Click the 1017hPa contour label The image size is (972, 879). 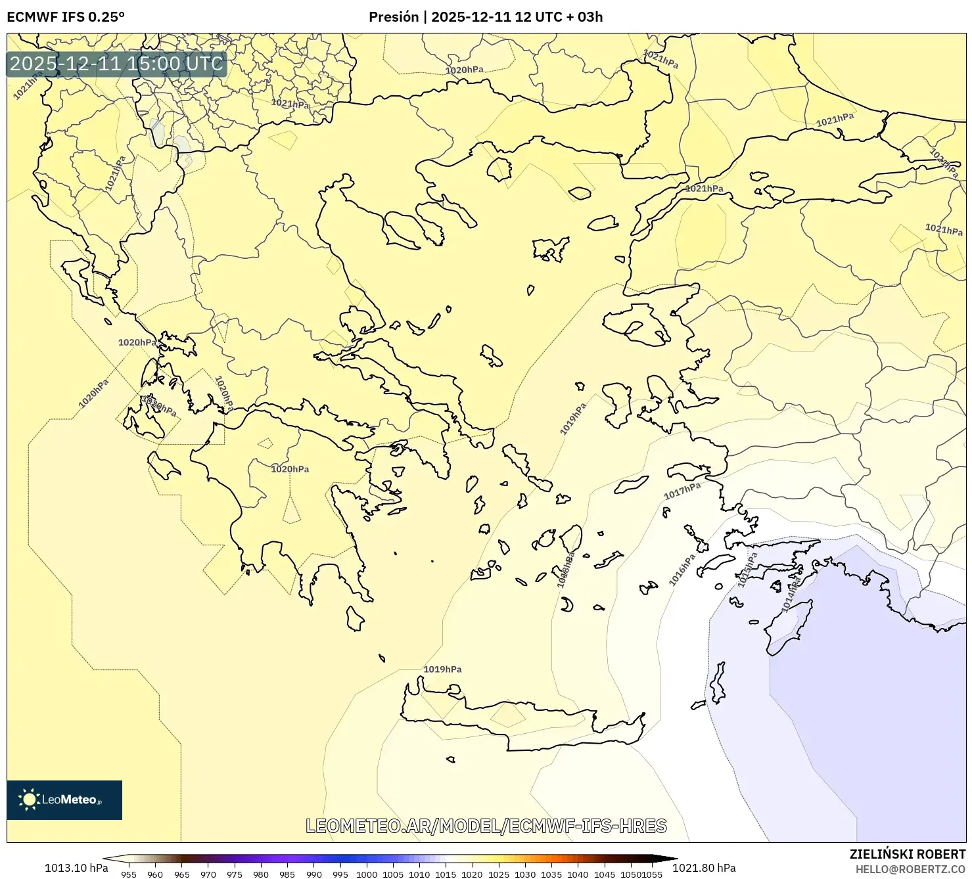[x=682, y=490]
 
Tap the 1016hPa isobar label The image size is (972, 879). [x=682, y=570]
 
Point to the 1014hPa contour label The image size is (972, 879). [x=791, y=594]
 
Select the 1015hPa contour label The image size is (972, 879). [x=747, y=569]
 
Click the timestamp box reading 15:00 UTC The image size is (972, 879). [x=116, y=64]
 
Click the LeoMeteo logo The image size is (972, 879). [x=64, y=800]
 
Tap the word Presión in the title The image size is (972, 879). [x=393, y=17]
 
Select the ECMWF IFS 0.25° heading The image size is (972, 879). [x=65, y=17]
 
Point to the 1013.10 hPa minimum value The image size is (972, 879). [x=76, y=868]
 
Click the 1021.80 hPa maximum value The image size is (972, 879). [x=704, y=868]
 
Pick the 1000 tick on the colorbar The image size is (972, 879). [x=366, y=874]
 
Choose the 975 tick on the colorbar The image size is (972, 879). [x=235, y=874]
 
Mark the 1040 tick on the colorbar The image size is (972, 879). [x=578, y=874]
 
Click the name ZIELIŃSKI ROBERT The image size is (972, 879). [x=908, y=855]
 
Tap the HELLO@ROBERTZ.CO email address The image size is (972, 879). [x=910, y=869]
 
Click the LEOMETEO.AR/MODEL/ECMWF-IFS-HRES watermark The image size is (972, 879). [x=486, y=826]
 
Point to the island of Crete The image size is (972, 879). [x=519, y=723]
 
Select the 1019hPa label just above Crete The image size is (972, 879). [x=442, y=669]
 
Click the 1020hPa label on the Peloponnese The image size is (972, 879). [x=290, y=469]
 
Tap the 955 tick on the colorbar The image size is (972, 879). [x=129, y=874]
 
